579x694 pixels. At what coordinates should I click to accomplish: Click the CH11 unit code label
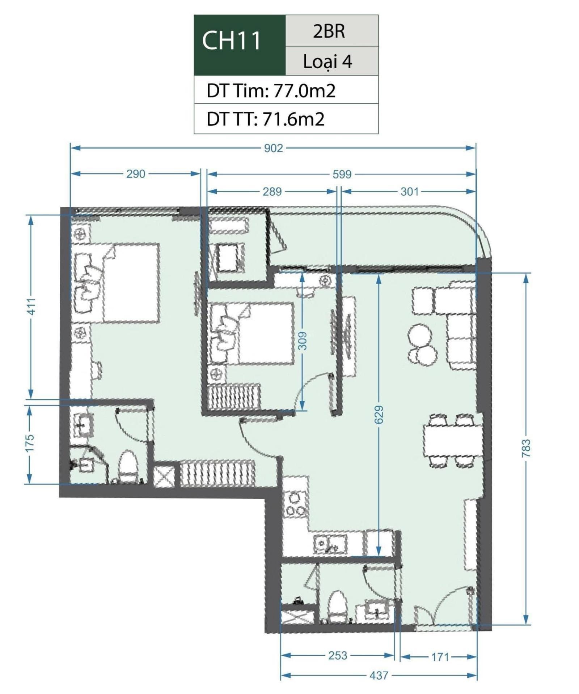(x=231, y=40)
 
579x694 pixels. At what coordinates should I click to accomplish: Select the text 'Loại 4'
(x=327, y=61)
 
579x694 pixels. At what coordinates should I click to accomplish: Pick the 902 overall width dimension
(x=273, y=148)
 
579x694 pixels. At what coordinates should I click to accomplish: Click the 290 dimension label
(x=136, y=174)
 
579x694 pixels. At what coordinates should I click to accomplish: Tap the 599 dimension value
(x=342, y=174)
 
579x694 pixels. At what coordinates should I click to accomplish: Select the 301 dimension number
(x=409, y=191)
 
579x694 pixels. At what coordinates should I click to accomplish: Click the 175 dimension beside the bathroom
(x=30, y=443)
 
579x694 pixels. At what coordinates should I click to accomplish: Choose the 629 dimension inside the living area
(x=379, y=415)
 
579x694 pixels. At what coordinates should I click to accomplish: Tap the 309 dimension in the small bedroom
(x=303, y=341)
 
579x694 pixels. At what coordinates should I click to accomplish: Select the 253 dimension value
(x=338, y=655)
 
